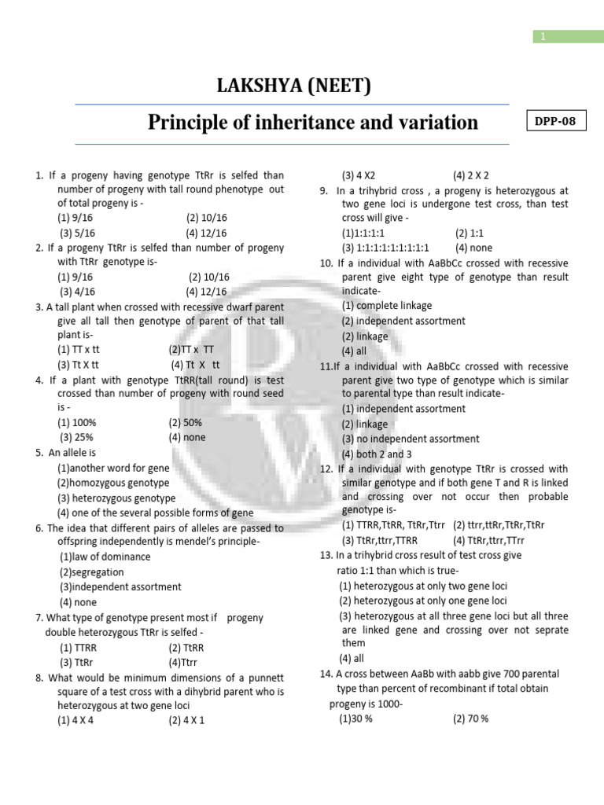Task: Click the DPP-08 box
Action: [554, 122]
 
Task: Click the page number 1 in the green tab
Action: [543, 36]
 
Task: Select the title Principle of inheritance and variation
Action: [313, 123]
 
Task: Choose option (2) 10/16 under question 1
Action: [208, 218]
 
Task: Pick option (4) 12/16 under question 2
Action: [206, 292]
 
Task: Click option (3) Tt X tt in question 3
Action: [78, 365]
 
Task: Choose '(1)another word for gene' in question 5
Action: [113, 468]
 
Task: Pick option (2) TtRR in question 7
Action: [186, 648]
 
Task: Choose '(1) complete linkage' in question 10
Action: [387, 306]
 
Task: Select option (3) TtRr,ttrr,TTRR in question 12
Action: [380, 541]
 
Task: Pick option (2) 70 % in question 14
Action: [471, 719]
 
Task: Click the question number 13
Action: [327, 555]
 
